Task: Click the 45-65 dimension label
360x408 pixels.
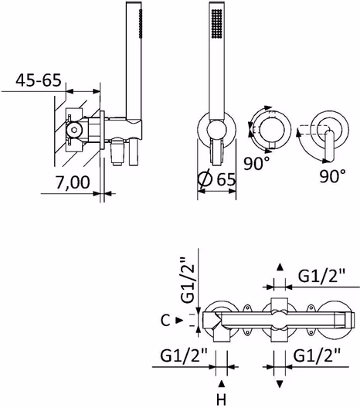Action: click(x=39, y=80)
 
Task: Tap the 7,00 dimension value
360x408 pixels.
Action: click(x=73, y=182)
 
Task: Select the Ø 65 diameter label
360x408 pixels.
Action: click(x=216, y=179)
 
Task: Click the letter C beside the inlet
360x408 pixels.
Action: click(x=165, y=321)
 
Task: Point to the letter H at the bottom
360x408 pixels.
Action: click(x=221, y=399)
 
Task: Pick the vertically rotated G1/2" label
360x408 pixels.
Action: click(x=188, y=280)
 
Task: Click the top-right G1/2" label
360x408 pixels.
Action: click(x=321, y=276)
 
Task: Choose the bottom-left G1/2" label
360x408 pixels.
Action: click(x=184, y=355)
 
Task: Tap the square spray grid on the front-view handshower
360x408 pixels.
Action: click(x=217, y=25)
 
